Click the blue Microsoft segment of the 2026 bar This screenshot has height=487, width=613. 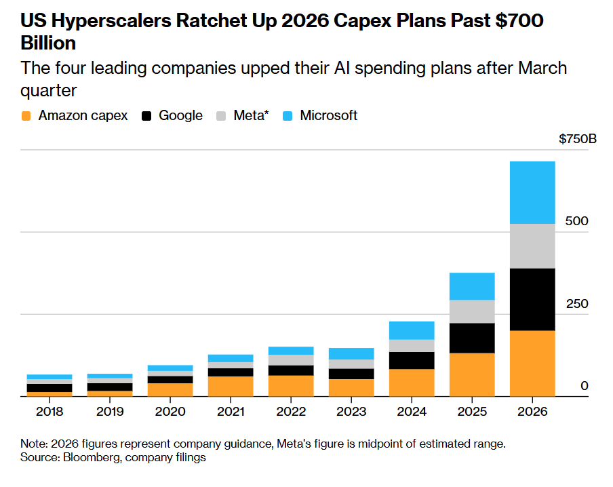click(x=532, y=193)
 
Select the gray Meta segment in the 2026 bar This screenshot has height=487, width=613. click(x=532, y=246)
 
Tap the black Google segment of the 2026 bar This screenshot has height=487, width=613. click(x=532, y=300)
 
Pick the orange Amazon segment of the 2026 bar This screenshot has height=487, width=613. click(x=532, y=364)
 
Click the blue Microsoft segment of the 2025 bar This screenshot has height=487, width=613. click(x=472, y=286)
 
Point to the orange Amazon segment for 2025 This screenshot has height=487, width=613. click(x=472, y=374)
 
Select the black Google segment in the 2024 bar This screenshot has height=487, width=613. click(x=412, y=361)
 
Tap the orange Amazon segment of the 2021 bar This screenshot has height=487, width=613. click(x=231, y=387)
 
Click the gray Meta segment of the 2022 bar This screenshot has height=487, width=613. click(x=291, y=360)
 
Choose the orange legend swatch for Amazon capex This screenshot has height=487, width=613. click(x=26, y=116)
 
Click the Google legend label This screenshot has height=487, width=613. click(x=180, y=115)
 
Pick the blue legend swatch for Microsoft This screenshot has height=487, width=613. click(x=288, y=116)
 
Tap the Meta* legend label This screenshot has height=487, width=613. click(x=251, y=115)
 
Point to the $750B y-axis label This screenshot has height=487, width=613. click(x=578, y=139)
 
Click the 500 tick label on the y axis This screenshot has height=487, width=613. click(x=576, y=221)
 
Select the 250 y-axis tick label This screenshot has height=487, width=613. click(x=577, y=304)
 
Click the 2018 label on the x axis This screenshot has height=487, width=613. click(x=50, y=412)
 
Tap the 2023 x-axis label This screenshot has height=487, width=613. click(x=351, y=412)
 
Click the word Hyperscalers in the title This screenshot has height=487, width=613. click(x=111, y=20)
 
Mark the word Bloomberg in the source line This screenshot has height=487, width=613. click(x=92, y=457)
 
